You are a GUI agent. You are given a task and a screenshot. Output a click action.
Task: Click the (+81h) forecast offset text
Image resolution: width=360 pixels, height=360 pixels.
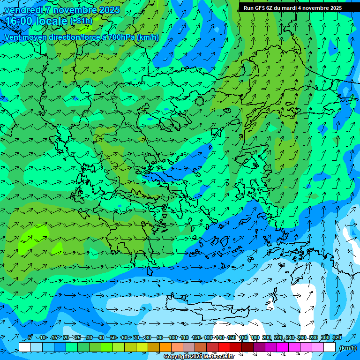[81, 21]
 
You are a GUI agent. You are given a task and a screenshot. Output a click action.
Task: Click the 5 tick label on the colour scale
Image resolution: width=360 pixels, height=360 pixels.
[30, 337]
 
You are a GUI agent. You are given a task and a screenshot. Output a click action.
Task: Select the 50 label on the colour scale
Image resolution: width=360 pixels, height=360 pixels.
[112, 337]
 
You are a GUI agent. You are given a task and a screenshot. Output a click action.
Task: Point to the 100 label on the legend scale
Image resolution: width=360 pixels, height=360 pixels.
[172, 337]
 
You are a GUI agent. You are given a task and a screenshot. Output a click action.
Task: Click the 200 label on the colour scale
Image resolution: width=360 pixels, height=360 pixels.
[267, 337]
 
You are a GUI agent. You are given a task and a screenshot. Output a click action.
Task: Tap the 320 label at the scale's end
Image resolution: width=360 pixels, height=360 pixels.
[337, 337]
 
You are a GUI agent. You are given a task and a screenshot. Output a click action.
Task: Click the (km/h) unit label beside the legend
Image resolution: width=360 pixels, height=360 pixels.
[347, 348]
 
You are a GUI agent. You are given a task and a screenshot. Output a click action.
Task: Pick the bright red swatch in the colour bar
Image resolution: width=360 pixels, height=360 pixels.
[224, 347]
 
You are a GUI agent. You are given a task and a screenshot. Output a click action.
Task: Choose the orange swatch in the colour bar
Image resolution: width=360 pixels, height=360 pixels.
[165, 347]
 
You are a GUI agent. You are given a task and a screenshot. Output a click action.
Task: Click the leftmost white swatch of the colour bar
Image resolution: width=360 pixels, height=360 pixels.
[25, 347]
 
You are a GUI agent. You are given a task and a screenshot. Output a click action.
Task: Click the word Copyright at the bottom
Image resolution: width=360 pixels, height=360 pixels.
[177, 357]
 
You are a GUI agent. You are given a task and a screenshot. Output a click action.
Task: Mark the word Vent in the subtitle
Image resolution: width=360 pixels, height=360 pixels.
[13, 37]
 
